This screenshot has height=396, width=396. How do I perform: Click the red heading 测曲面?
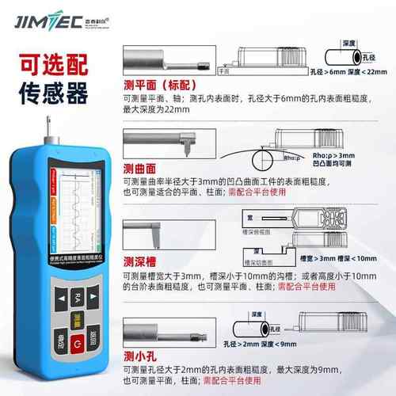(139, 167)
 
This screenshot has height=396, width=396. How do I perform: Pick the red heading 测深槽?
(139, 262)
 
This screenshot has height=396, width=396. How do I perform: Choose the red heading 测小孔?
(139, 356)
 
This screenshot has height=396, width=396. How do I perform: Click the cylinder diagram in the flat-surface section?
(346, 56)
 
